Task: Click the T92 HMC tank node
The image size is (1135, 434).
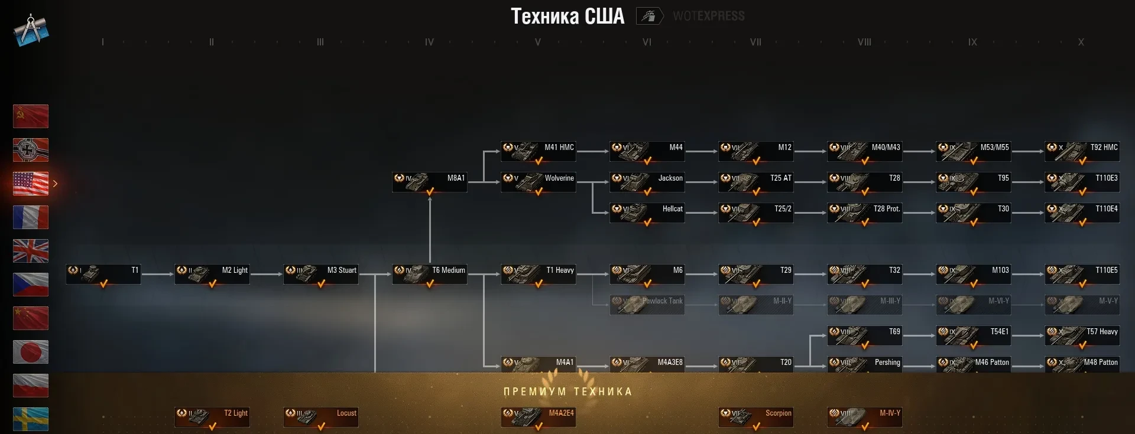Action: tap(1082, 151)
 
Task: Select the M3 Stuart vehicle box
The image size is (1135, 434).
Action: tap(321, 274)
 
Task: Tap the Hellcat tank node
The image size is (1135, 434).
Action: tap(647, 213)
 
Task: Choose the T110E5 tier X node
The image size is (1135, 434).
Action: tap(1082, 274)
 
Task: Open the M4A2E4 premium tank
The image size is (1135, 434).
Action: tap(538, 417)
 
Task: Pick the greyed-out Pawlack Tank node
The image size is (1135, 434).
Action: tap(647, 305)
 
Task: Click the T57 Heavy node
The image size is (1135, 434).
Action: tap(1082, 335)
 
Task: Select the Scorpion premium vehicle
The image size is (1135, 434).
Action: tap(755, 417)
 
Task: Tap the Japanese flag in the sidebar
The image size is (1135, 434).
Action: tap(31, 352)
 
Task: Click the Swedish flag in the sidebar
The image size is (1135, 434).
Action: tap(31, 419)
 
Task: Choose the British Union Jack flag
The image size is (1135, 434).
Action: tap(31, 251)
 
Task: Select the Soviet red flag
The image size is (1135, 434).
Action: tap(31, 116)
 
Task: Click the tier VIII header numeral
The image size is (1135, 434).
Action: tap(864, 43)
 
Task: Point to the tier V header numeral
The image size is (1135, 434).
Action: tap(537, 43)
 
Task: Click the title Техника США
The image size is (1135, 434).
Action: tap(567, 17)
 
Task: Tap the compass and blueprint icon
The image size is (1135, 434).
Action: tap(31, 30)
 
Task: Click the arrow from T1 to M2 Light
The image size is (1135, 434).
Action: tap(157, 274)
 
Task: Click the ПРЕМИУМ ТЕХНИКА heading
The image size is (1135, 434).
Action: tap(567, 391)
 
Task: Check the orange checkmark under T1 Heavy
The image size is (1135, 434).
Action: tap(539, 284)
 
